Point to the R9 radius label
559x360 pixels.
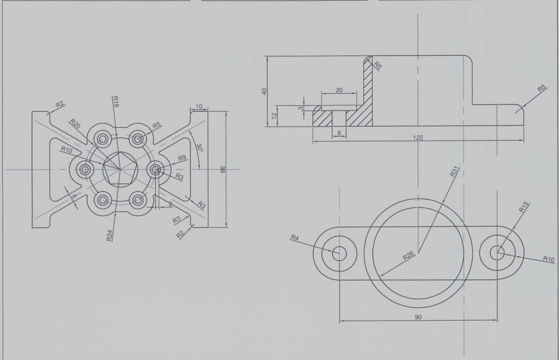[x=183, y=158]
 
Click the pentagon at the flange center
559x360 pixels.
[x=120, y=169]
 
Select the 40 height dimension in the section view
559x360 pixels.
[x=264, y=91]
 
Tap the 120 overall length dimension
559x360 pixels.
[x=418, y=138]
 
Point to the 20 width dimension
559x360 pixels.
[x=339, y=90]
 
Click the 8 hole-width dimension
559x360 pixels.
[x=339, y=133]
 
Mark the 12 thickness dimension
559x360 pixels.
[x=274, y=115]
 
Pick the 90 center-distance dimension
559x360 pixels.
[x=418, y=317]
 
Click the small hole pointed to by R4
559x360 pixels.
[x=339, y=253]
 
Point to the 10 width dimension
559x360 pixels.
[x=199, y=107]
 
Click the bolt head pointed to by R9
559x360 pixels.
[x=156, y=169]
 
